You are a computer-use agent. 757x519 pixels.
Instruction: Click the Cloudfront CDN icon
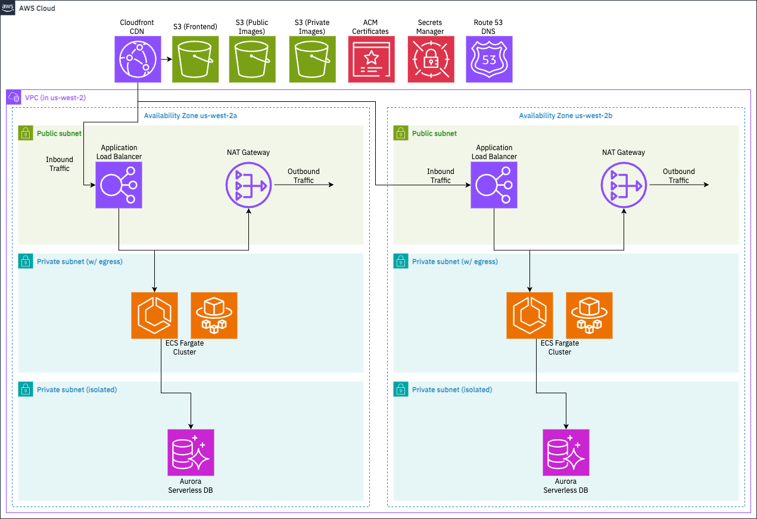click(138, 59)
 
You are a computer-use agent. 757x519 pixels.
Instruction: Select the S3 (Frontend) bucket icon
click(195, 59)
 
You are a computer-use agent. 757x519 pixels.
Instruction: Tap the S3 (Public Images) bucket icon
click(252, 59)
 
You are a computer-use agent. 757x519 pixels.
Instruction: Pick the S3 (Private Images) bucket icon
click(313, 59)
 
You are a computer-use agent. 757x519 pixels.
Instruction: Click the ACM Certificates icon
click(372, 59)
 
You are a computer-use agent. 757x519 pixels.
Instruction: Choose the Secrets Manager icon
click(431, 59)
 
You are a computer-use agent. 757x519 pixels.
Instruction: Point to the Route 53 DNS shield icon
click(489, 59)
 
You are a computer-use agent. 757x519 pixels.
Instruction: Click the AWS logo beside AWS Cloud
click(8, 8)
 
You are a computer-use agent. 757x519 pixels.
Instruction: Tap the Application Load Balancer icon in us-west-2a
click(119, 185)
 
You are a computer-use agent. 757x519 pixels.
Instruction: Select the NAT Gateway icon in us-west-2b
click(624, 185)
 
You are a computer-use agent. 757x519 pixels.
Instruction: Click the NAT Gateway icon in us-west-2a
click(249, 185)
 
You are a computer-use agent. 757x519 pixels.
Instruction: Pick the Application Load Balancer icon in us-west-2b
click(494, 185)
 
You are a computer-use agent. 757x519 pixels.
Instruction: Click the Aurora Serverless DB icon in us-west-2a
click(191, 452)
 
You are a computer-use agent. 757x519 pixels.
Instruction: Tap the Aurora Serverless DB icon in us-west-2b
click(566, 452)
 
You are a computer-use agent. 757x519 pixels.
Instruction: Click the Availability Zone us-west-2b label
click(565, 116)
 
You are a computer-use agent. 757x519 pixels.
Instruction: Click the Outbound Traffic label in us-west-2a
click(304, 176)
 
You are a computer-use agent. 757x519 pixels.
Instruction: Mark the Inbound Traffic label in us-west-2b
click(441, 176)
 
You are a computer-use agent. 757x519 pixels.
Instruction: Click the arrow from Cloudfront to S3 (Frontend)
click(166, 59)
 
